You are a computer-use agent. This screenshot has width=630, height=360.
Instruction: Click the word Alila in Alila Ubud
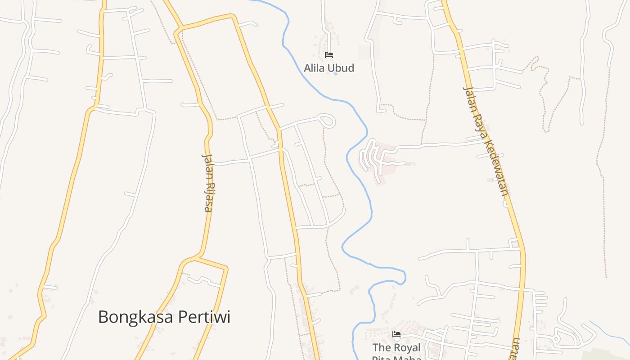click(315, 68)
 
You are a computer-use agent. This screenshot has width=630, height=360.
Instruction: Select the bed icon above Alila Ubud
click(329, 55)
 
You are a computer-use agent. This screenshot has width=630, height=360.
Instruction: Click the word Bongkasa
click(135, 317)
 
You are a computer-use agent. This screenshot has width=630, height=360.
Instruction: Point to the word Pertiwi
click(204, 317)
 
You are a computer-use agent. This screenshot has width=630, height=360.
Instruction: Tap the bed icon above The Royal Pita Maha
click(396, 334)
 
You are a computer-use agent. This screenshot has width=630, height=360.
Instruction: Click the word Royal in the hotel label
click(407, 348)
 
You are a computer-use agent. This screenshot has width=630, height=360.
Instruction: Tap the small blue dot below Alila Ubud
click(336, 74)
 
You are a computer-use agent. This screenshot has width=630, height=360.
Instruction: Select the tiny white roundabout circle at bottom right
click(556, 338)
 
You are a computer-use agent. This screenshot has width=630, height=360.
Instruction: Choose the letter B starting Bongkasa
click(103, 317)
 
